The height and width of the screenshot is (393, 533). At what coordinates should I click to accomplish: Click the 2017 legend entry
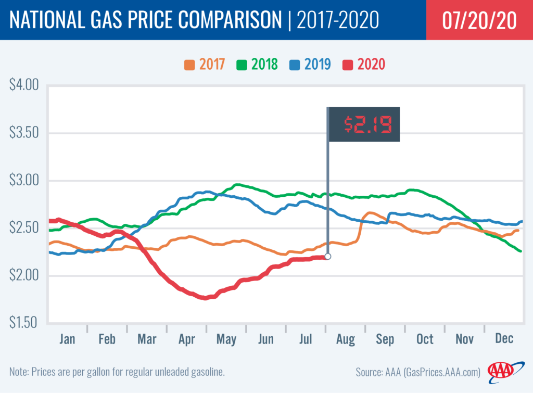click(x=205, y=65)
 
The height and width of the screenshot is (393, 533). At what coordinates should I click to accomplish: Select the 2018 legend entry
click(x=258, y=65)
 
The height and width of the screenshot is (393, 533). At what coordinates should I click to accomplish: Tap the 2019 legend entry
click(x=312, y=65)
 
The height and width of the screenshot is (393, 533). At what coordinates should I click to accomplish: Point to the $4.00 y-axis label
click(x=24, y=85)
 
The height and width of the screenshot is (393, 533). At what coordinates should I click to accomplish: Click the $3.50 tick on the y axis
click(x=24, y=132)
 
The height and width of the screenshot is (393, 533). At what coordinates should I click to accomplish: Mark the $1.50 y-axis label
click(x=24, y=322)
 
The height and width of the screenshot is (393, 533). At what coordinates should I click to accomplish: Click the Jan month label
click(x=68, y=339)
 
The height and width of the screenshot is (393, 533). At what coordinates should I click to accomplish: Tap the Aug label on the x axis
click(x=345, y=339)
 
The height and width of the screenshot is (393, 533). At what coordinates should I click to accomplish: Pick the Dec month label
click(x=504, y=339)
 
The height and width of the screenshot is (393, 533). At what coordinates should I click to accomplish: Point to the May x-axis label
click(x=226, y=339)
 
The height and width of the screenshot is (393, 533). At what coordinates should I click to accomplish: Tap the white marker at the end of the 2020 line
click(x=328, y=256)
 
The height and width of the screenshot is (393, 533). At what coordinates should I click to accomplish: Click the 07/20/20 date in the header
click(x=479, y=20)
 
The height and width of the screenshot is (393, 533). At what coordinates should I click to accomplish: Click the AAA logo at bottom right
click(x=501, y=371)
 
